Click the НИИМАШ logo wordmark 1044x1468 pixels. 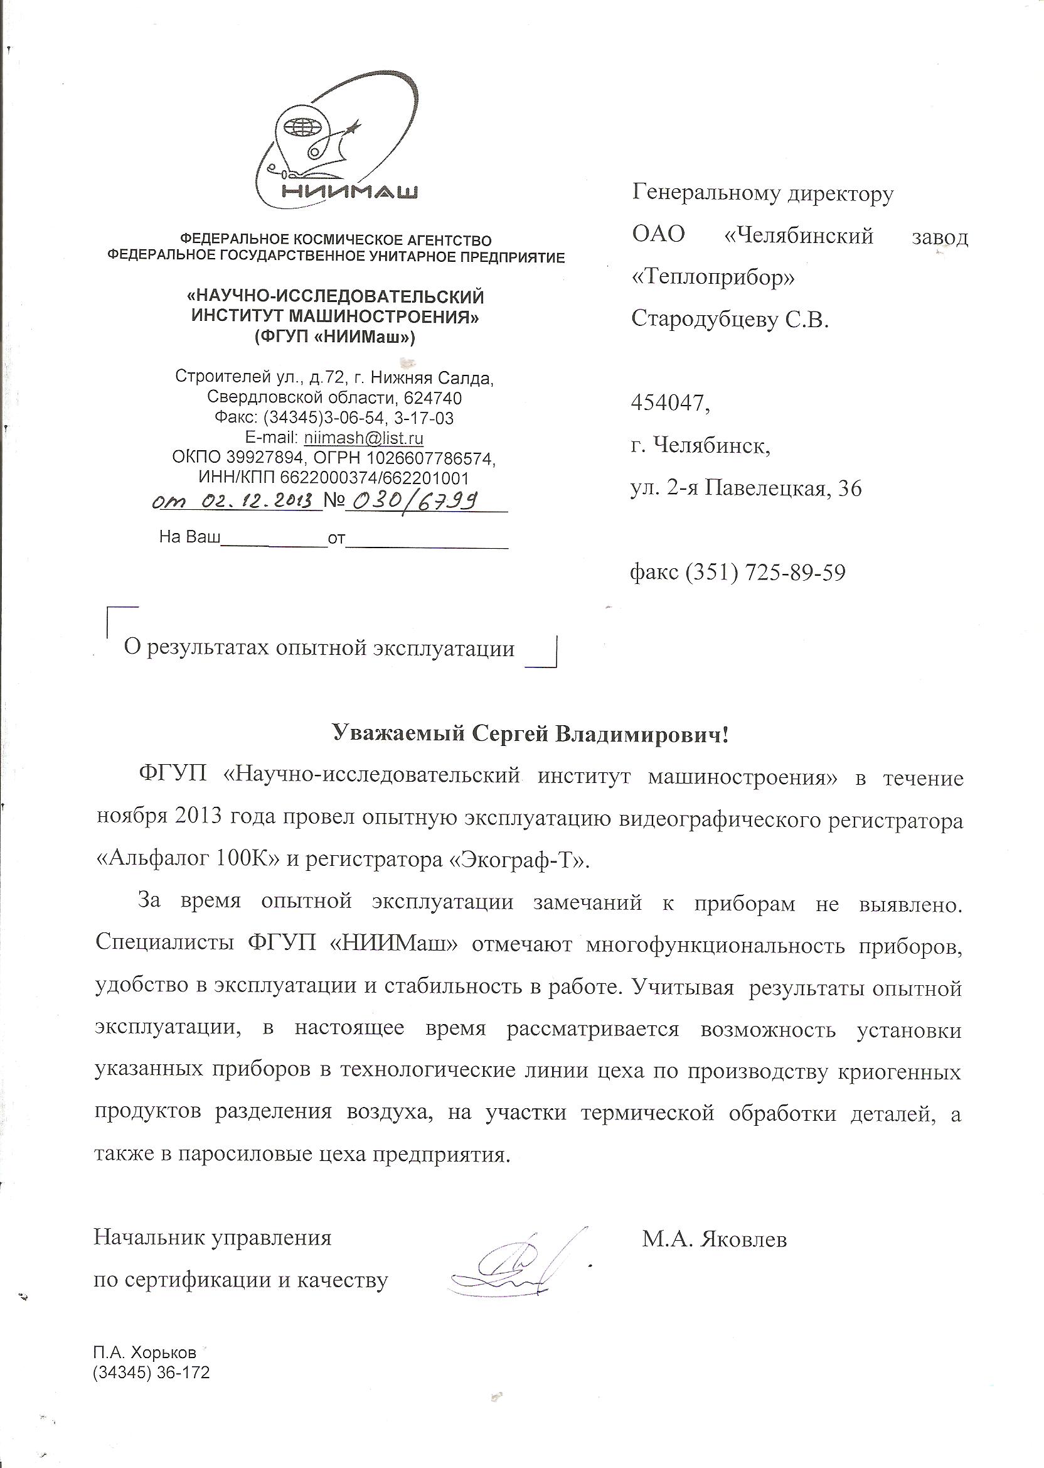click(349, 192)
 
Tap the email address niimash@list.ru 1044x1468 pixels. click(363, 438)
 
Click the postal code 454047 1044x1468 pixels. click(670, 403)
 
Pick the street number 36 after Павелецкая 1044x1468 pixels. click(850, 489)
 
